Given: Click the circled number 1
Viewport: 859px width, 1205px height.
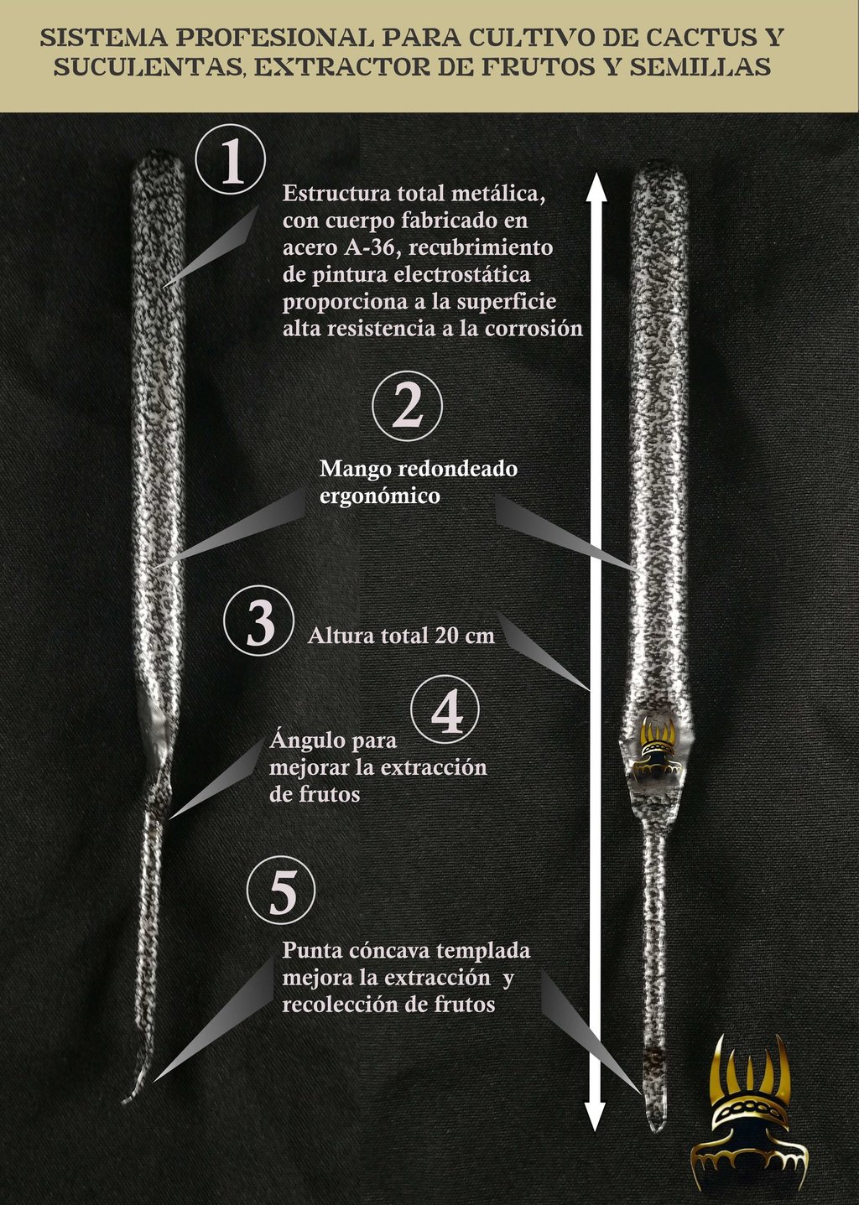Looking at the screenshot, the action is coord(231,160).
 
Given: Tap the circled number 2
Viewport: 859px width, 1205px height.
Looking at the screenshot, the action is coord(408,408).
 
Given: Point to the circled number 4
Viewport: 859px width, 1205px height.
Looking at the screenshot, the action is coord(445,709).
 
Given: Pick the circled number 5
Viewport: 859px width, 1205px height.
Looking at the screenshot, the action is coord(281,891).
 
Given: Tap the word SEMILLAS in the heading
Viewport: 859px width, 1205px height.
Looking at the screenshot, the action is coord(700,67).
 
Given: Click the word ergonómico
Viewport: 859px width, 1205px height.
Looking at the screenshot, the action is coord(380,496).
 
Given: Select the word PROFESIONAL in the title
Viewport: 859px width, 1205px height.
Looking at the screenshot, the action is coord(272,38).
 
